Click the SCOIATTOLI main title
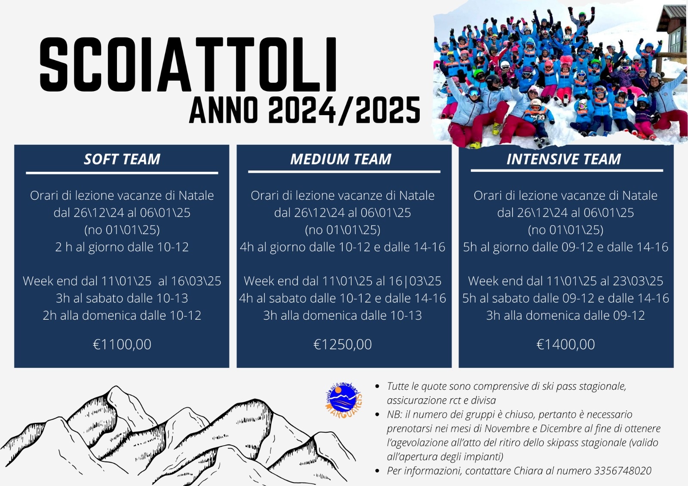(188, 64)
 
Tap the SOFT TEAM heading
(122, 159)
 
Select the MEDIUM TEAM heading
(341, 159)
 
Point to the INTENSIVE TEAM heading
(564, 159)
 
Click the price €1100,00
(122, 344)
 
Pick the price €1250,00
(342, 344)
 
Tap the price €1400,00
(565, 344)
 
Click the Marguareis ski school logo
(344, 400)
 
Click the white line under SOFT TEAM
(122, 173)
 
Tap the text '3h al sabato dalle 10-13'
(122, 298)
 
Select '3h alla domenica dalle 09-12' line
(565, 315)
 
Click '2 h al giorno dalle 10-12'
(122, 247)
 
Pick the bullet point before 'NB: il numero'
(378, 415)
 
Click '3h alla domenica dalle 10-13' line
(342, 315)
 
